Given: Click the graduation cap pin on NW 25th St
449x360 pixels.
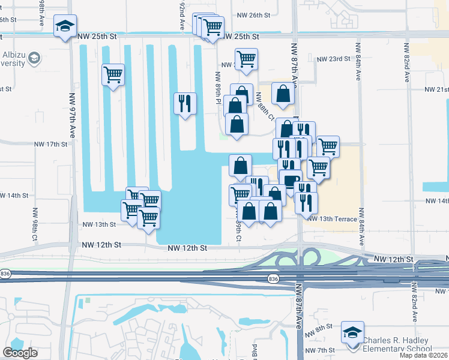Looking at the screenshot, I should pos(64,26).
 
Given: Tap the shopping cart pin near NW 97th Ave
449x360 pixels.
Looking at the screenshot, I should pos(112,75).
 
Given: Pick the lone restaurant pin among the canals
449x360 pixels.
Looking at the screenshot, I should pos(184,104).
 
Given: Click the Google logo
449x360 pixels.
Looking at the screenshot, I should pos(20,352).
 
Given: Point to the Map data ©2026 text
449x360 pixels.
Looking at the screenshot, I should pos(423,355).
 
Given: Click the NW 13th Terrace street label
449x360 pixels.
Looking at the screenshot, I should pos(332,219).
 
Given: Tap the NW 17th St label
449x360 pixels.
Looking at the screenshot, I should pos(51,144).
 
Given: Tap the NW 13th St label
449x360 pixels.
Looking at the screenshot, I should pos(98,224).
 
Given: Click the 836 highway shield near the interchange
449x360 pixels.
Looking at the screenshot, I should pos(273,279).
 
